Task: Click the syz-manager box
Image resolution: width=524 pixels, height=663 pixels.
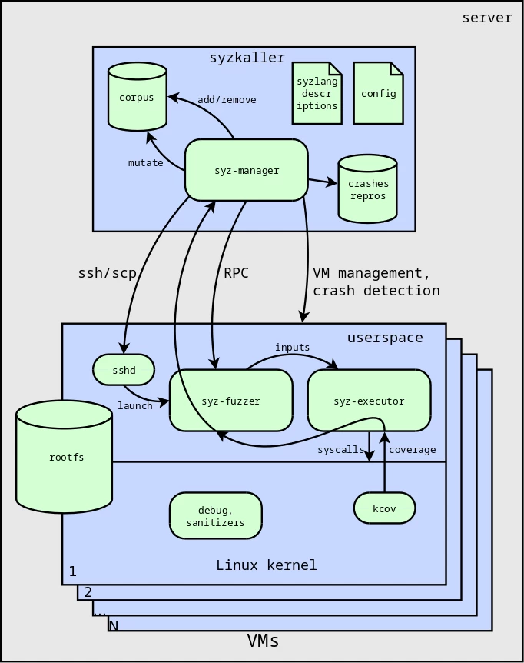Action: [246, 170]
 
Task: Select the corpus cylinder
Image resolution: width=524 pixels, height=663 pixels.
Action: [137, 98]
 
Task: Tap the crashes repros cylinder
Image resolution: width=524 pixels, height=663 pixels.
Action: [368, 189]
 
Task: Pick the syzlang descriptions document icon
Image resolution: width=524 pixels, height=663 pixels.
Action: [317, 94]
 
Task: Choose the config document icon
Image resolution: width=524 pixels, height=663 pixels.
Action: [378, 94]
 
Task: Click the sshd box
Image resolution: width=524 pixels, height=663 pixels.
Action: [123, 370]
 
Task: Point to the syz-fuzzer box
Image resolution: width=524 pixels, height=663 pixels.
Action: [230, 401]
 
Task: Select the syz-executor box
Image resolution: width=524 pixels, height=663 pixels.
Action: [369, 401]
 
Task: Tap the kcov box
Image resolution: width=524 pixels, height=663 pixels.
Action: [384, 508]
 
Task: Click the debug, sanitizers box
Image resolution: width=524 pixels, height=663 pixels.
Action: [215, 516]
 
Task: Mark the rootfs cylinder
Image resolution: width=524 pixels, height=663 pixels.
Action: [64, 458]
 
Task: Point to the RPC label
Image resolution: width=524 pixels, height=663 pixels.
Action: [236, 272]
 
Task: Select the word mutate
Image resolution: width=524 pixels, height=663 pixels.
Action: [145, 163]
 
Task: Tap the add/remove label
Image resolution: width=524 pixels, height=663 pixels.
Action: [227, 100]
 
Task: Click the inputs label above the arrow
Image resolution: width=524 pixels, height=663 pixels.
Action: [292, 348]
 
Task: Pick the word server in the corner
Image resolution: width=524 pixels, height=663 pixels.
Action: [486, 18]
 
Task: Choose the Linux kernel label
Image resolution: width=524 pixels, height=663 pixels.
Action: [266, 565]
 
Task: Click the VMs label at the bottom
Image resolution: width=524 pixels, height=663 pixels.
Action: [263, 641]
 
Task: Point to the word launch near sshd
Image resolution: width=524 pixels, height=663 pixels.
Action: [134, 406]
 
